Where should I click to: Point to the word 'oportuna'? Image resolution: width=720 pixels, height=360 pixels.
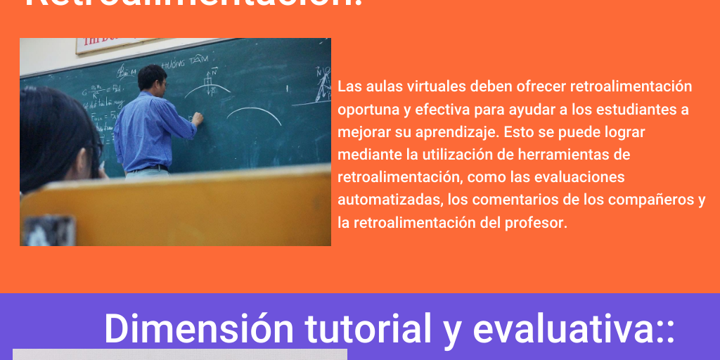[366, 110]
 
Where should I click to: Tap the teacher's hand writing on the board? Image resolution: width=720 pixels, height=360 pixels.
[198, 120]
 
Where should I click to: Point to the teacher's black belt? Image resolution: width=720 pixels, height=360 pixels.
[148, 168]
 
